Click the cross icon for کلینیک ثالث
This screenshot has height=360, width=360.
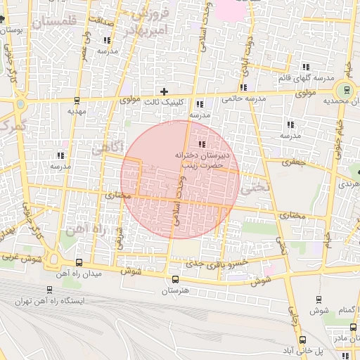point(165,91)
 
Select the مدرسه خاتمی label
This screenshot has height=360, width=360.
point(245,99)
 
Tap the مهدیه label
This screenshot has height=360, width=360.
point(76,111)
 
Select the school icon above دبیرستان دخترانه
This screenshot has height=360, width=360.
point(202,143)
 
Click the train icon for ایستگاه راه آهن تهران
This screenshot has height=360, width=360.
point(49,289)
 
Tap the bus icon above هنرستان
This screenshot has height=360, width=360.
point(176,278)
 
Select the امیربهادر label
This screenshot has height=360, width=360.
point(146,30)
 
